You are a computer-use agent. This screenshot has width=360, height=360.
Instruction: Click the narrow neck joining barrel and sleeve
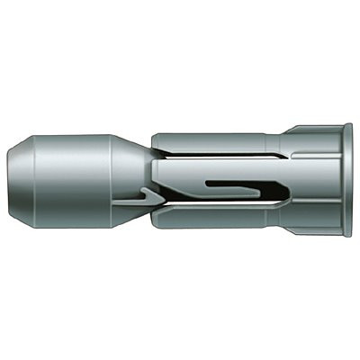[144, 180]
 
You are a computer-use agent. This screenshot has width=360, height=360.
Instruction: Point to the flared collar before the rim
[310, 180]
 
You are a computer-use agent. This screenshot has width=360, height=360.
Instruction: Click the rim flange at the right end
[347, 180]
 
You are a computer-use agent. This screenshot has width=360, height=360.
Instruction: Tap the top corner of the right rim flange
[347, 127]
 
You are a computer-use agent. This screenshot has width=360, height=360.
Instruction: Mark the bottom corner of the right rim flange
[347, 235]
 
